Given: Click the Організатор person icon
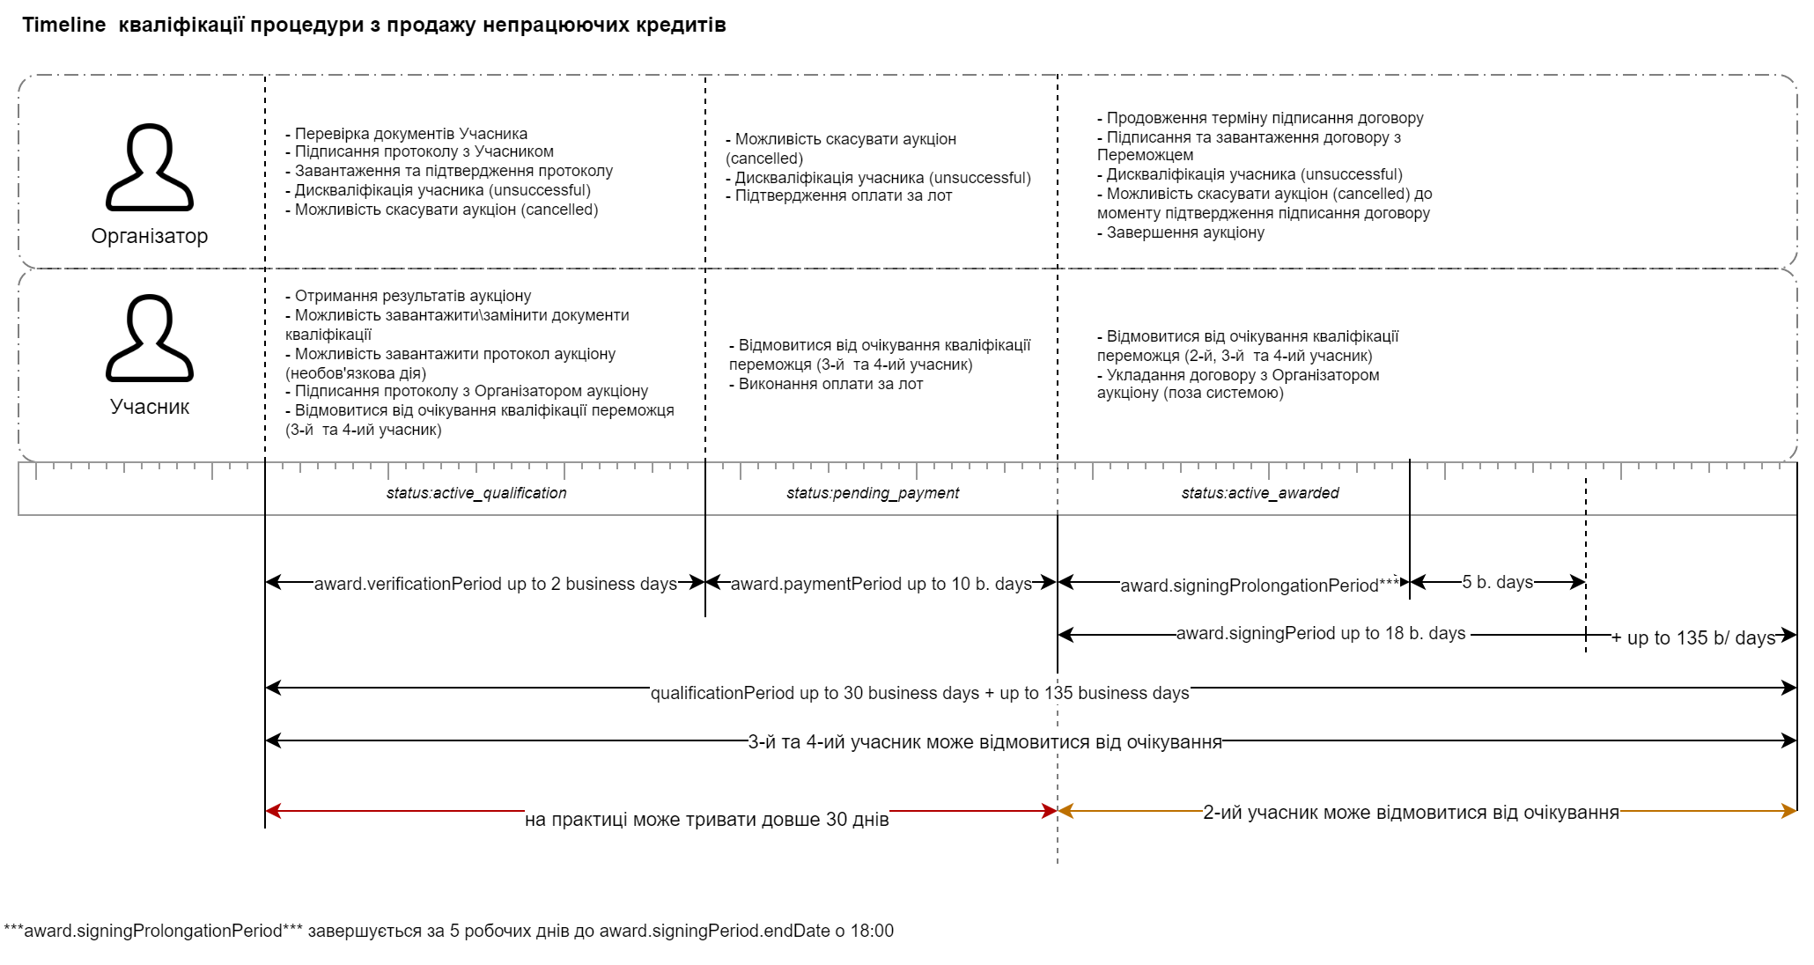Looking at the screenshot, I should (x=150, y=167).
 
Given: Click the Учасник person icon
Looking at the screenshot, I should (x=150, y=338).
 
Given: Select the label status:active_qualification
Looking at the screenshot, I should (x=476, y=493).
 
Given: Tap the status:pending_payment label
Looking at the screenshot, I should (x=873, y=493).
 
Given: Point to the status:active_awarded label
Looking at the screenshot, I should (x=1259, y=493).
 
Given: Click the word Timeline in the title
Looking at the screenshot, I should (x=63, y=25).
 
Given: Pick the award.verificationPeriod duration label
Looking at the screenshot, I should (x=495, y=584).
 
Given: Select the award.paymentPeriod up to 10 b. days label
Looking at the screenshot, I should (x=881, y=584).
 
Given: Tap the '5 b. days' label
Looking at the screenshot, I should (x=1497, y=582).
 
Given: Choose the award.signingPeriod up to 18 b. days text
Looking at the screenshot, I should (x=1321, y=633).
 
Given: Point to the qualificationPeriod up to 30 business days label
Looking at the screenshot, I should (x=919, y=693).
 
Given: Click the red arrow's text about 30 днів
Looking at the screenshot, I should (x=706, y=820).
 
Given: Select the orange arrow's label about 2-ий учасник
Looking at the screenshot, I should (x=1411, y=813).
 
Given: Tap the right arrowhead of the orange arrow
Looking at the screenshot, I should (x=1789, y=811).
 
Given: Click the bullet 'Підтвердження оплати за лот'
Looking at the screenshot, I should (x=843, y=195).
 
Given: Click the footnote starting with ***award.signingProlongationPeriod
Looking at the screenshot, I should (x=448, y=931).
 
